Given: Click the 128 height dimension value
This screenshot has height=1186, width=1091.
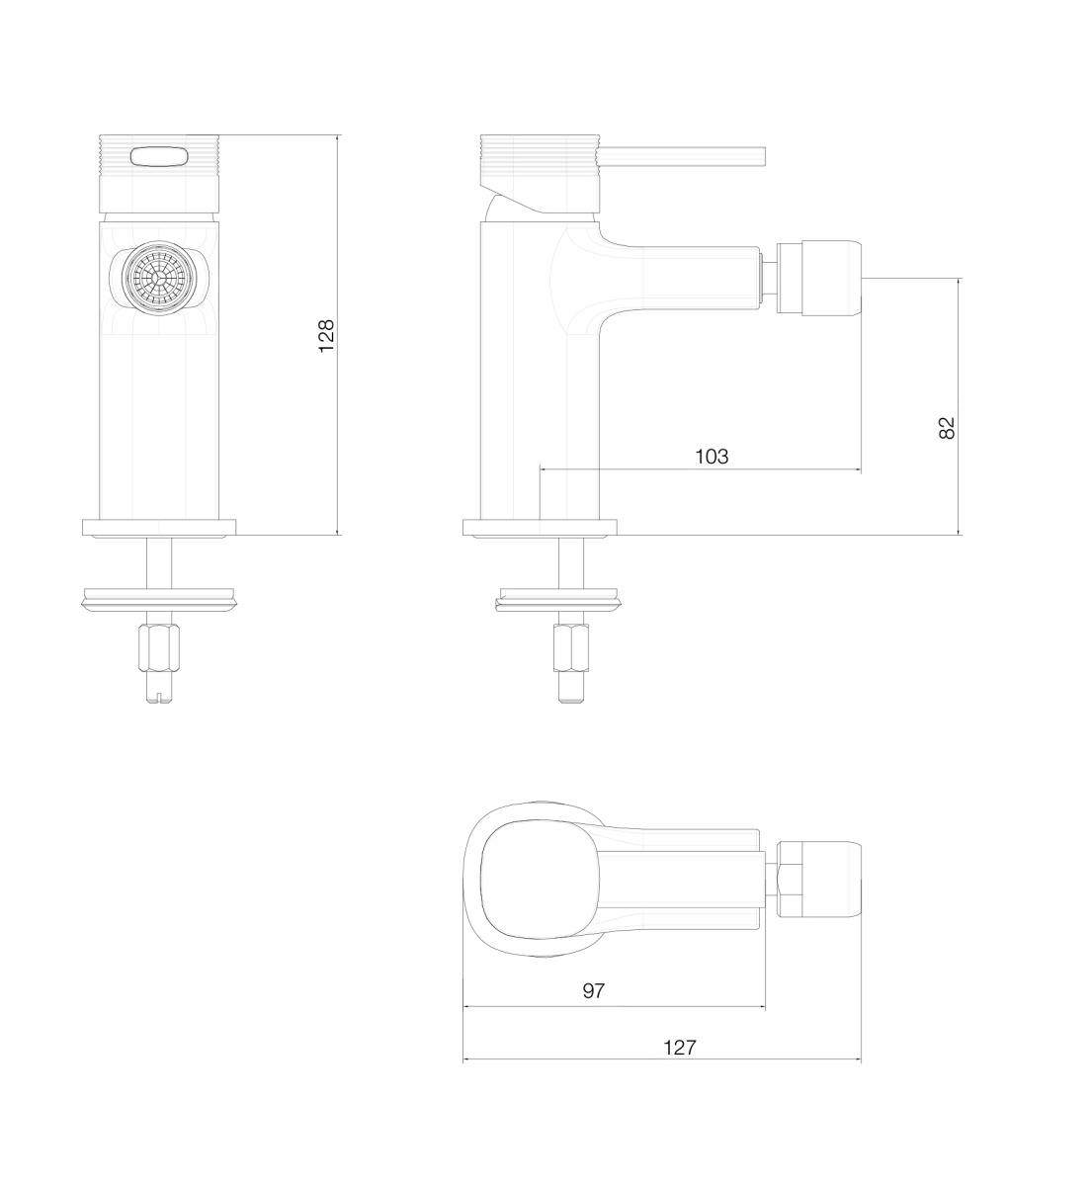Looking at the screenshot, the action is tap(326, 336).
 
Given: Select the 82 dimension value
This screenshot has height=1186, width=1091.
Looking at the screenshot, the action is tap(947, 428).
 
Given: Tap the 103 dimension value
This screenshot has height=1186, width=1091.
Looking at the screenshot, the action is tap(712, 457).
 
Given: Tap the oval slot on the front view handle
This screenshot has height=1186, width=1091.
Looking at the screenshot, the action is tap(159, 157).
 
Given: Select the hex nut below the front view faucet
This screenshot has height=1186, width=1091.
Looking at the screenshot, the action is tap(158, 647).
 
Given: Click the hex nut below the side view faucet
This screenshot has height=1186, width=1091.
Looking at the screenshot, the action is tap(571, 647).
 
